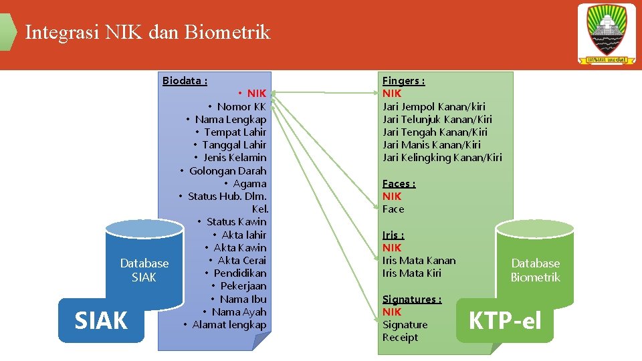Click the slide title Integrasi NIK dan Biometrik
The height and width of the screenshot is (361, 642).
tap(147, 32)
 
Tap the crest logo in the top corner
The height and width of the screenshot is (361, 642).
tap(607, 34)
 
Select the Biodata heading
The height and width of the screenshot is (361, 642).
tap(185, 81)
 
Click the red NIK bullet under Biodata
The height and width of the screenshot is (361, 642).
tap(256, 94)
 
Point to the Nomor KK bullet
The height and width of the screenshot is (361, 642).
tap(241, 106)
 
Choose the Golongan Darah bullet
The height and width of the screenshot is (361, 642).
tap(227, 170)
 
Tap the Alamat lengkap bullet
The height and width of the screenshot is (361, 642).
tap(229, 325)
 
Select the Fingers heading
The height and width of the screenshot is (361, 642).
tap(403, 81)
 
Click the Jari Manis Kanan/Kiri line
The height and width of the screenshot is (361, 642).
tap(431, 145)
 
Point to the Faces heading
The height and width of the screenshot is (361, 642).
tap(399, 184)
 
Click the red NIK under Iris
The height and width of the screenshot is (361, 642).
tap(392, 248)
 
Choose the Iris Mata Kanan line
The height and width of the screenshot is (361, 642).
tap(419, 261)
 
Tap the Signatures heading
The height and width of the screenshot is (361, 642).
tap(411, 299)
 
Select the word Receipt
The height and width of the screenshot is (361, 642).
tap(400, 338)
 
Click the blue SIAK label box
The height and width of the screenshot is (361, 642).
tap(101, 321)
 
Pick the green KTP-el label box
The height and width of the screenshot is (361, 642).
tap(505, 321)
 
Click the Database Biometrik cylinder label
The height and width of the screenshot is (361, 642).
tap(535, 270)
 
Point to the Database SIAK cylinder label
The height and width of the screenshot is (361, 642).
tap(144, 270)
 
